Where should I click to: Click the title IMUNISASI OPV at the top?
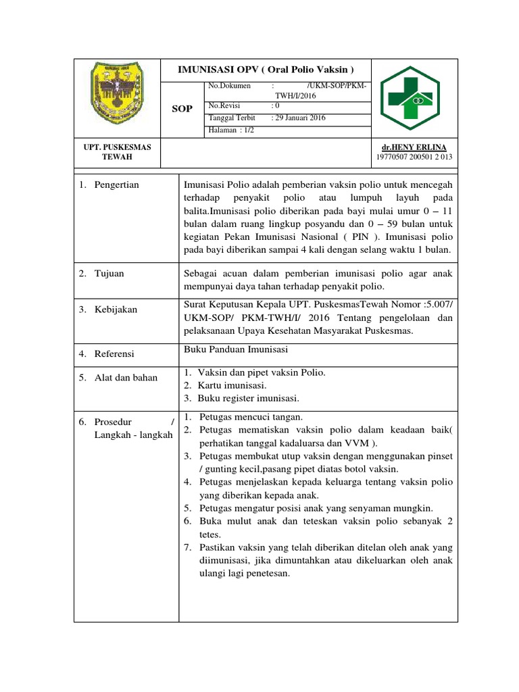click(x=265, y=70)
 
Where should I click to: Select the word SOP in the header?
click(x=182, y=109)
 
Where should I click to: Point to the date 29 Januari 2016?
click(x=299, y=118)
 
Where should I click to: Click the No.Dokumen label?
click(x=230, y=86)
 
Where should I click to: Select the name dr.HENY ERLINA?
click(x=414, y=147)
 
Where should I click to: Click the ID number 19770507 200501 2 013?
click(x=414, y=157)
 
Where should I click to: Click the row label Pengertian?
click(x=117, y=184)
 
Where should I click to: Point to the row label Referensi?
click(x=114, y=353)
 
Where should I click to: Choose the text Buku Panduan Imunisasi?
click(x=236, y=349)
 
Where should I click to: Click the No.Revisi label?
click(x=226, y=105)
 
